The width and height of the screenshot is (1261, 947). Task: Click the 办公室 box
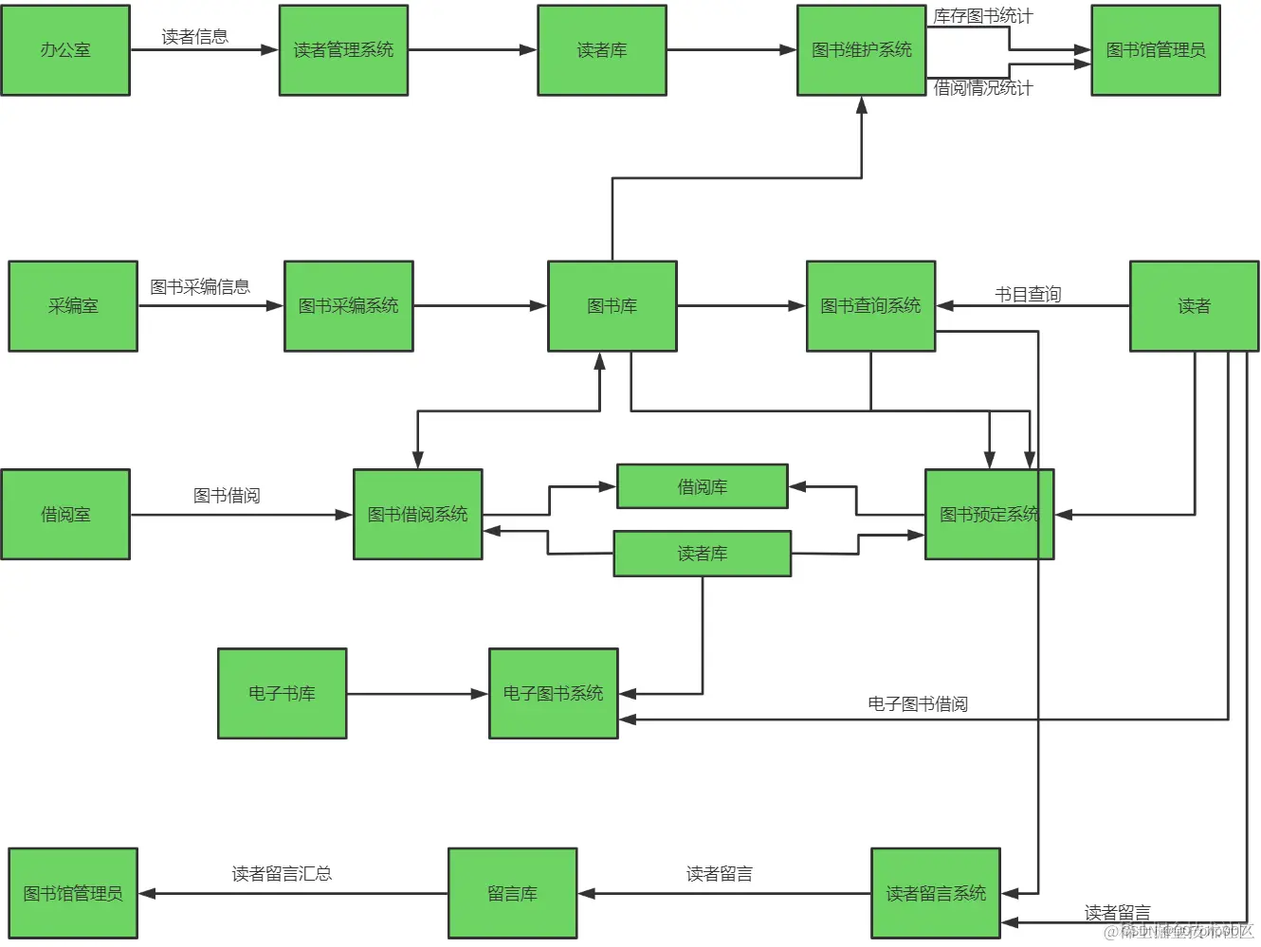coord(65,50)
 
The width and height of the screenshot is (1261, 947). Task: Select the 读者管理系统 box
coord(343,50)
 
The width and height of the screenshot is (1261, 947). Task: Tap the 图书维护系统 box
coord(861,50)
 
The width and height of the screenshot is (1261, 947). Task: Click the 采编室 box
coord(73,306)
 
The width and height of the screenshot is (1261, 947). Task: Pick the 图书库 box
coord(612,306)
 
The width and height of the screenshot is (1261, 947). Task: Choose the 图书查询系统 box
coord(870,306)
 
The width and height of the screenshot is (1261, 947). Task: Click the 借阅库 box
coord(702,486)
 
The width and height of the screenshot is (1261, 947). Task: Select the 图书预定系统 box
coord(989,515)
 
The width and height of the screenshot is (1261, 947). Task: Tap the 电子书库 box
coord(282,694)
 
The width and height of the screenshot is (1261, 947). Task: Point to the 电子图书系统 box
coord(553,694)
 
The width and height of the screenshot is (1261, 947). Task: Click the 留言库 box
coord(512,894)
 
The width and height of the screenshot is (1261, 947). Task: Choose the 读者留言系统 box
coord(935,894)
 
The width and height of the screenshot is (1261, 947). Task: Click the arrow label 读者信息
coord(194,37)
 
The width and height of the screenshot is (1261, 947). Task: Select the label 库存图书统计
coord(982,16)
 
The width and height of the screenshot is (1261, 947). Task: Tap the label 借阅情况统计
coord(982,88)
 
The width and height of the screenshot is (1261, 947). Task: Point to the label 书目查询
coord(1028,295)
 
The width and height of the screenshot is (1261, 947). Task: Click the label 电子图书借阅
coord(917,704)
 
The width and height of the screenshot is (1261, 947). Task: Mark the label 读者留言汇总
coord(282,874)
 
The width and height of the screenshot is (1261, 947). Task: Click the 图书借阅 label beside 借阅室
coord(227,496)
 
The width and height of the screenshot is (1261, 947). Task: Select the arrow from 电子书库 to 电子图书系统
coord(417,694)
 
